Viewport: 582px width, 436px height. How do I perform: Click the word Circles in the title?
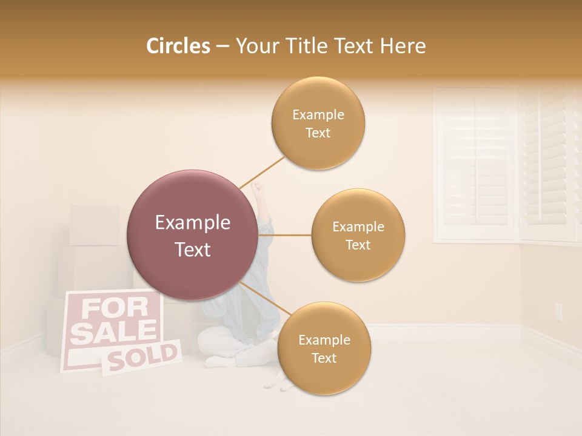click(x=178, y=46)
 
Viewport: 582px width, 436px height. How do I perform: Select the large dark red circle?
click(x=192, y=235)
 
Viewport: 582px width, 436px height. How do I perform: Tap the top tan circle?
click(x=318, y=123)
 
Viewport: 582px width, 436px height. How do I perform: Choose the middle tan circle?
click(x=358, y=235)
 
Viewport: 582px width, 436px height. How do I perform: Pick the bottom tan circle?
click(x=324, y=348)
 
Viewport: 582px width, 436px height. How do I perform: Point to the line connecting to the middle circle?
click(x=285, y=235)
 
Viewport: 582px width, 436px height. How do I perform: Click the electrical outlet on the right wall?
click(x=558, y=311)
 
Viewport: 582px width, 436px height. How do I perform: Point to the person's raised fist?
click(x=260, y=193)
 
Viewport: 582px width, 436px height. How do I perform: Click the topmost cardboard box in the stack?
click(x=94, y=225)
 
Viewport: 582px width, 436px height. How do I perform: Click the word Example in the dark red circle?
click(x=192, y=223)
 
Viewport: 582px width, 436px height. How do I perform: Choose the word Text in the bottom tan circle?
click(x=324, y=358)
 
